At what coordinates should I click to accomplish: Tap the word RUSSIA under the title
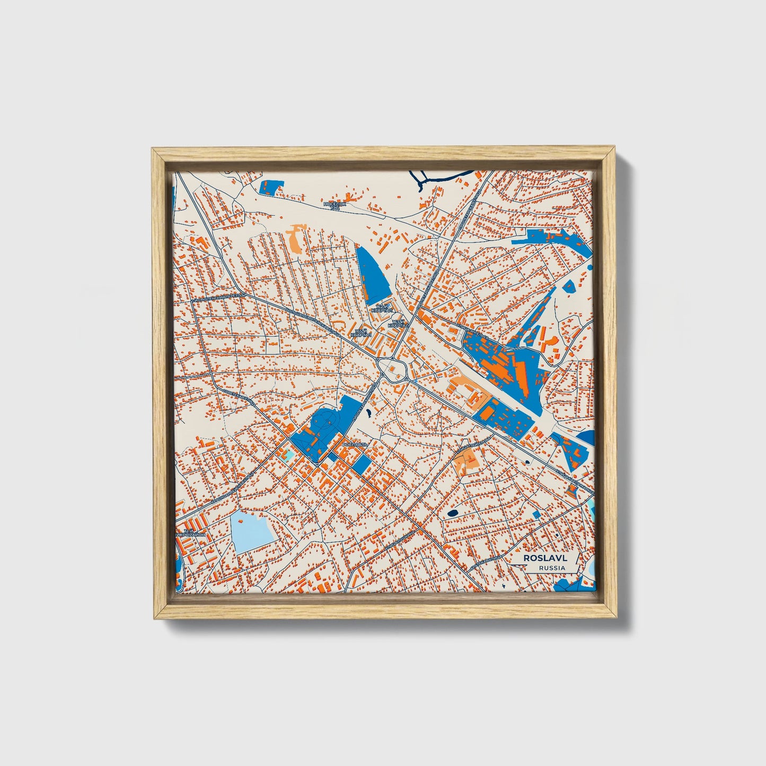click(x=551, y=568)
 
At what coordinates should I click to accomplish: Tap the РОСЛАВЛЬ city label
click(x=354, y=444)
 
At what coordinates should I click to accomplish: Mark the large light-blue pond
click(x=252, y=530)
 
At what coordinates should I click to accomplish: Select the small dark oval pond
click(x=452, y=513)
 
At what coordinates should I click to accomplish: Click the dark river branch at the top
click(x=440, y=179)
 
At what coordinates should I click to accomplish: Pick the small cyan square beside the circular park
click(x=288, y=454)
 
